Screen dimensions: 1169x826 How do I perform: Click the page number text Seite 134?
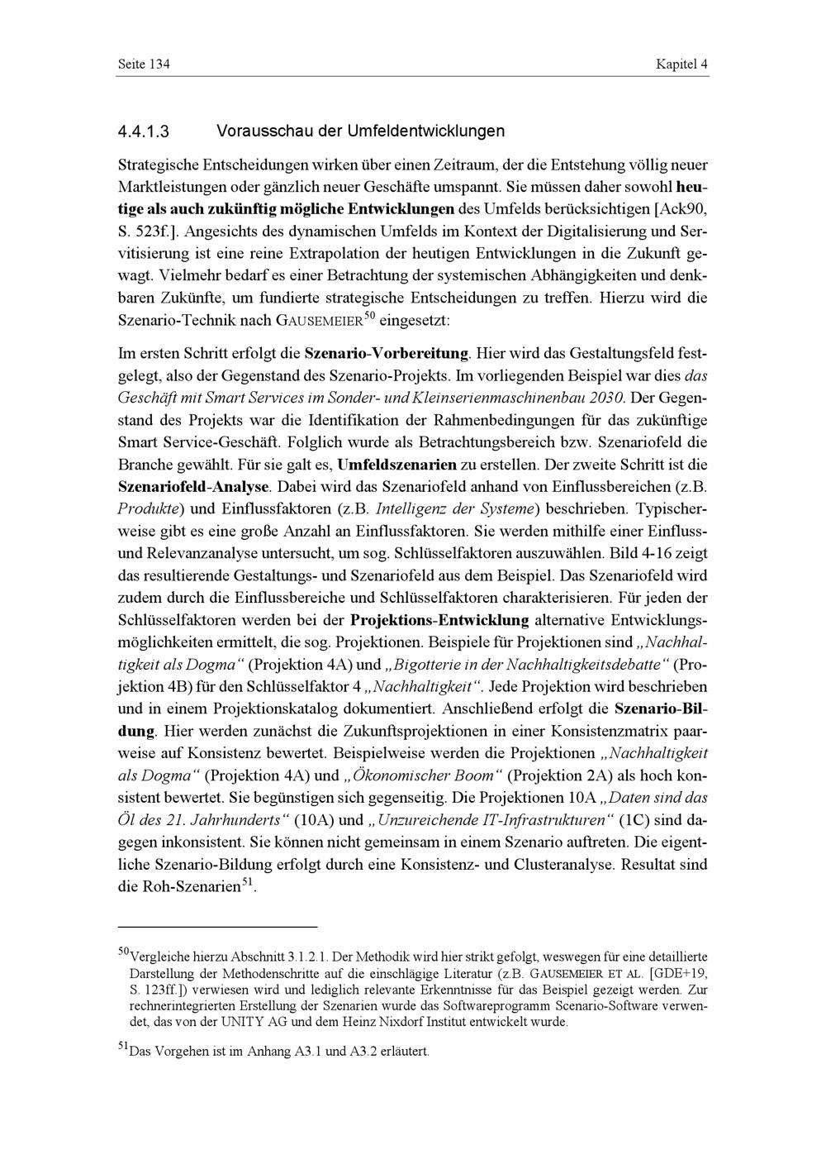click(x=145, y=64)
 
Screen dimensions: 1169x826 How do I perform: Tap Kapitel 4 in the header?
click(x=681, y=64)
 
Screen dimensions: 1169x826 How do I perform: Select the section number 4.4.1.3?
click(x=144, y=131)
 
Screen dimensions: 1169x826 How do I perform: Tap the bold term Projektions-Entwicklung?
click(x=439, y=620)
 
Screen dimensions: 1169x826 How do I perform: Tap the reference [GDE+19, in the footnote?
click(x=679, y=972)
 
